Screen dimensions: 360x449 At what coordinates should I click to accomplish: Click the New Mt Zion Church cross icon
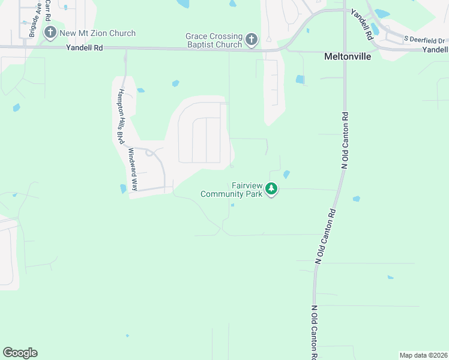pyautogui.click(x=51, y=33)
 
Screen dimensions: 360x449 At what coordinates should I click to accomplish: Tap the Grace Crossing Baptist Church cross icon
pyautogui.click(x=252, y=40)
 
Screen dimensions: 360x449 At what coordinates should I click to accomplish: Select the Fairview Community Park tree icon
pyautogui.click(x=271, y=190)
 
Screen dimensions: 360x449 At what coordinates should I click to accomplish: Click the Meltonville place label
pyautogui.click(x=348, y=56)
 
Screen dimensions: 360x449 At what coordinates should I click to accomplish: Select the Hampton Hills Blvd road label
pyautogui.click(x=121, y=116)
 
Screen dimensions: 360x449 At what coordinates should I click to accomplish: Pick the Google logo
pyautogui.click(x=20, y=353)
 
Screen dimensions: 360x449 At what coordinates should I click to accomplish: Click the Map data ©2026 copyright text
pyautogui.click(x=423, y=355)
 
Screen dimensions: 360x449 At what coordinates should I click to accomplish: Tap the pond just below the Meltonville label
pyautogui.click(x=300, y=79)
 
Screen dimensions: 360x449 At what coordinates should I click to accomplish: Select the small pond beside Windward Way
pyautogui.click(x=123, y=188)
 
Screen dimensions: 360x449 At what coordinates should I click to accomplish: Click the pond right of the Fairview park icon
pyautogui.click(x=286, y=175)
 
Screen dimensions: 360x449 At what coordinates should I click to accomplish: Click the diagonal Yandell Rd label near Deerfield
pyautogui.click(x=362, y=24)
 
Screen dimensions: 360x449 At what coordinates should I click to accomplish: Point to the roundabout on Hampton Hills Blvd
pyautogui.click(x=148, y=152)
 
